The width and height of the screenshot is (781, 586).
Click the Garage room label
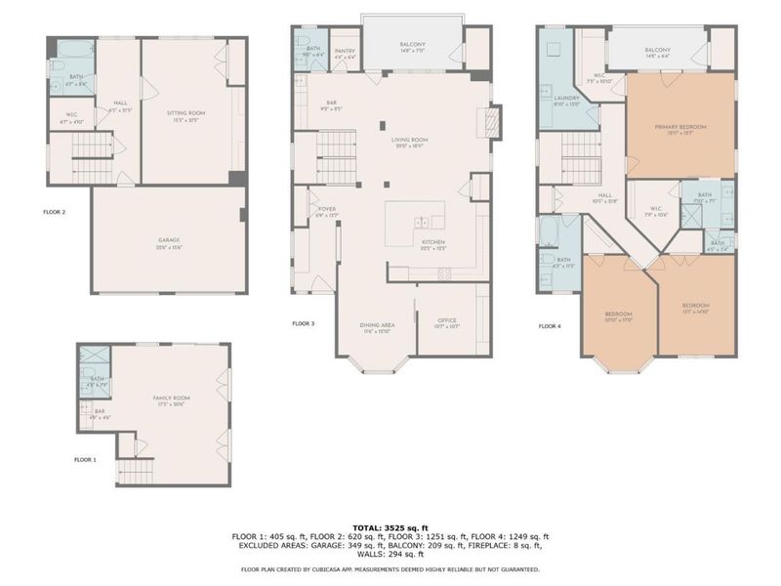pos(168,240)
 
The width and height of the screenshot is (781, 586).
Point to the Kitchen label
pos(433,244)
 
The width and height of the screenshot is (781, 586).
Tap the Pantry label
pos(344,52)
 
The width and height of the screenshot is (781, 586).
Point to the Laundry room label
pos(567,100)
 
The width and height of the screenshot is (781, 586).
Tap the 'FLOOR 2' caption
pos(56,211)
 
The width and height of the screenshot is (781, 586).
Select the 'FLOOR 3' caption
pos(305,323)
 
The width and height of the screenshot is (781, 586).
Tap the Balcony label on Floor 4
pos(657,52)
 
